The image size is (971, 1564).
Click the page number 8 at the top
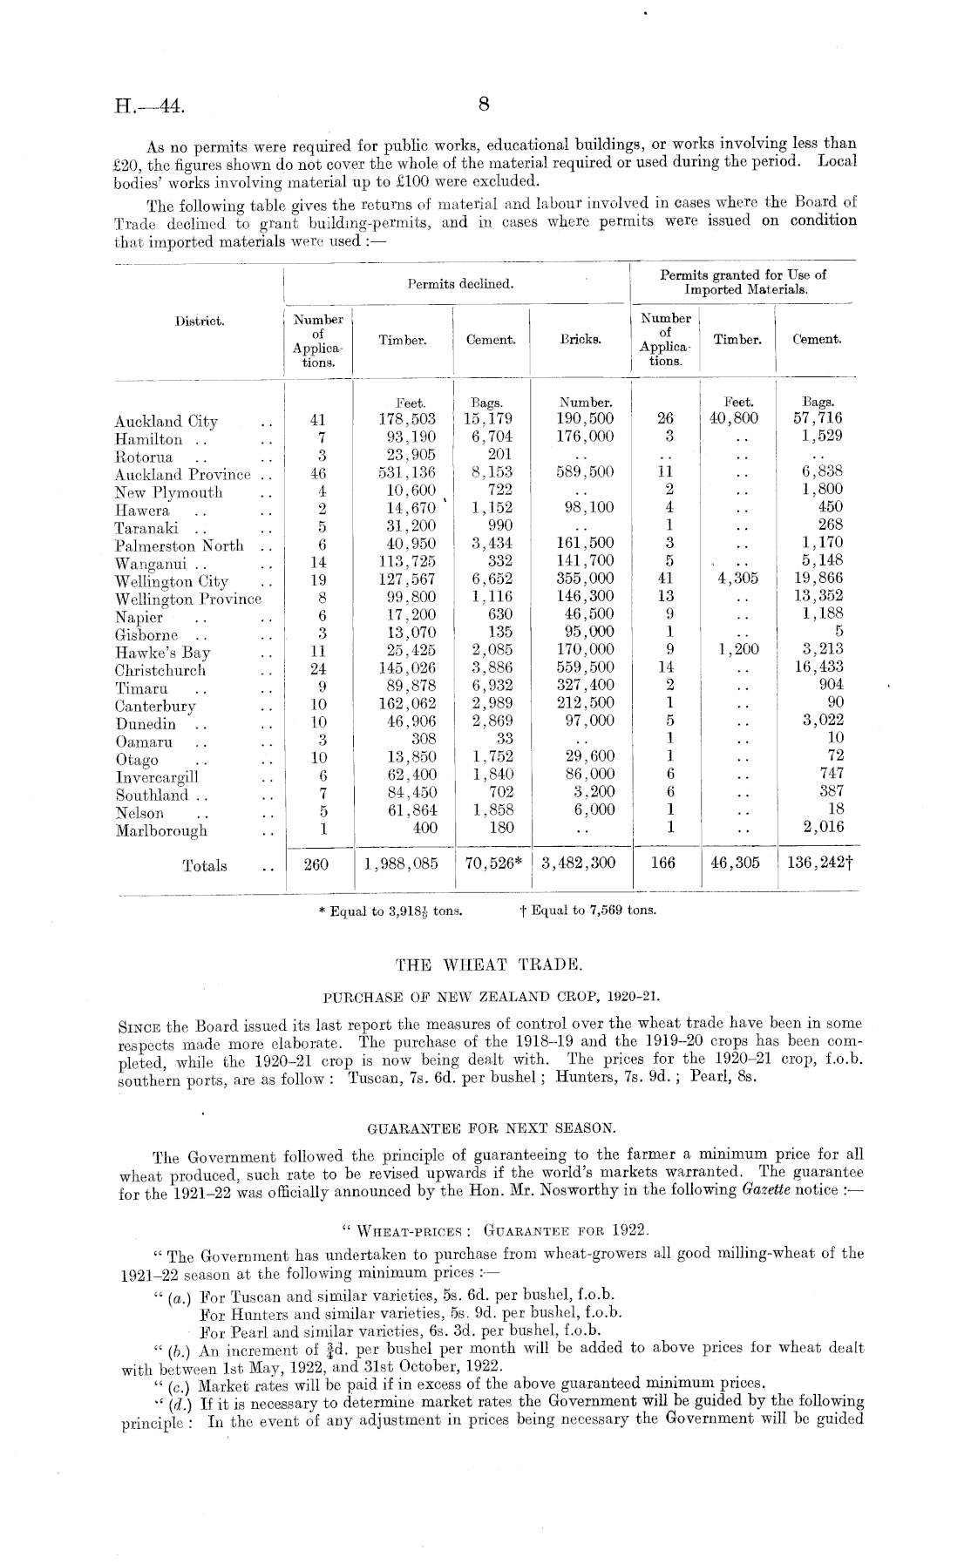485,105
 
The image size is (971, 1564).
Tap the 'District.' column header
200,321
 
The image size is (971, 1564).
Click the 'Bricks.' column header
581,340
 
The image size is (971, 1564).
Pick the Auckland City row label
166,422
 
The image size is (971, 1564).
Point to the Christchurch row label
160,671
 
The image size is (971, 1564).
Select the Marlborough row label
162,830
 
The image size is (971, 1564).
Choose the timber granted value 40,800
736,418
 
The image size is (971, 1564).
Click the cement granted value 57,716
818,418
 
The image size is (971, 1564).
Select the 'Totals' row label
205,865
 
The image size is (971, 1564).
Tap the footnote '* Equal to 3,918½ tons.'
391,911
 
